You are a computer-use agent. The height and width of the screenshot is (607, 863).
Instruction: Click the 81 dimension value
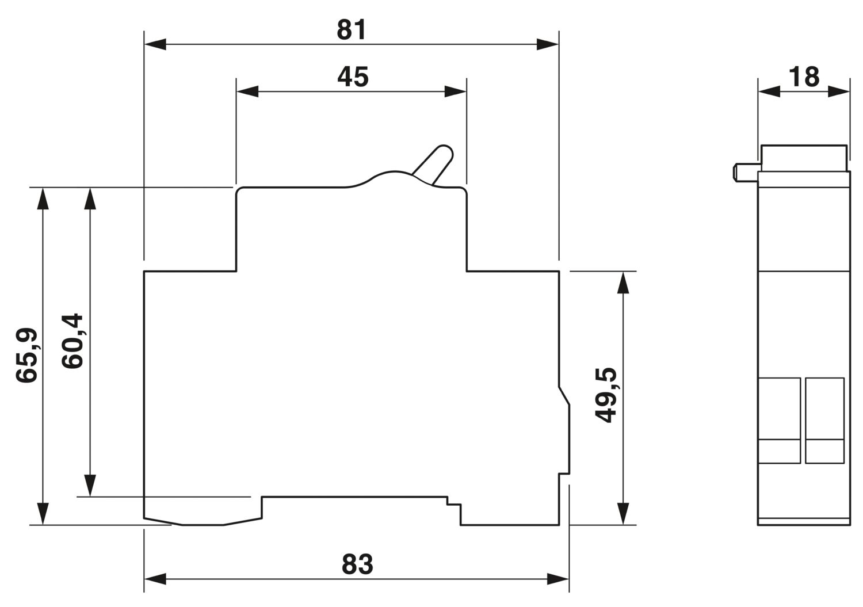pyautogui.click(x=351, y=30)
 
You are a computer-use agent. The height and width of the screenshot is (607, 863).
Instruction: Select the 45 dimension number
pyautogui.click(x=353, y=77)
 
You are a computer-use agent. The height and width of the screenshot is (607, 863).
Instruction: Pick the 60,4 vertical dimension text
pyautogui.click(x=72, y=341)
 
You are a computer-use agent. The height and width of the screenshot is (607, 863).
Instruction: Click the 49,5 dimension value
pyautogui.click(x=605, y=395)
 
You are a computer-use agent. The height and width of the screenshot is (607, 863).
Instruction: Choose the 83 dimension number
pyautogui.click(x=357, y=564)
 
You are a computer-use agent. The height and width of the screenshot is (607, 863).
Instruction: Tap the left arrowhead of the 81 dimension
pyautogui.click(x=155, y=44)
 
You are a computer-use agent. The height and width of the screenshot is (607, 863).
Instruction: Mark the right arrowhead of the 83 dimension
pyautogui.click(x=558, y=579)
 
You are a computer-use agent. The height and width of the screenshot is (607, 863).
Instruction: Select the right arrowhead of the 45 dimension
pyautogui.click(x=456, y=91)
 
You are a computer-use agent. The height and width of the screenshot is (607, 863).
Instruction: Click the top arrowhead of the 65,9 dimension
pyautogui.click(x=43, y=198)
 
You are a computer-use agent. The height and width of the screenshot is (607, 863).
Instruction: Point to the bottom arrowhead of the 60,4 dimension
pyautogui.click(x=90, y=486)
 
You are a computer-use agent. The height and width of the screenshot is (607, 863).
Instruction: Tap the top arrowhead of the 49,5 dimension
pyautogui.click(x=623, y=282)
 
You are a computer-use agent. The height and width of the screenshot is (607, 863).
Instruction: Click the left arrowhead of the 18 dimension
pyautogui.click(x=769, y=91)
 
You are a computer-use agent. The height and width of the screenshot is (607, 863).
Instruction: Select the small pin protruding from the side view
pyautogui.click(x=746, y=172)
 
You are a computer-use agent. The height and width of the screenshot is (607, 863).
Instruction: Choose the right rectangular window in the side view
pyautogui.click(x=825, y=421)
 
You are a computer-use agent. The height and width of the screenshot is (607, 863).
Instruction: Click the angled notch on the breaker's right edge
pyautogui.click(x=564, y=396)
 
